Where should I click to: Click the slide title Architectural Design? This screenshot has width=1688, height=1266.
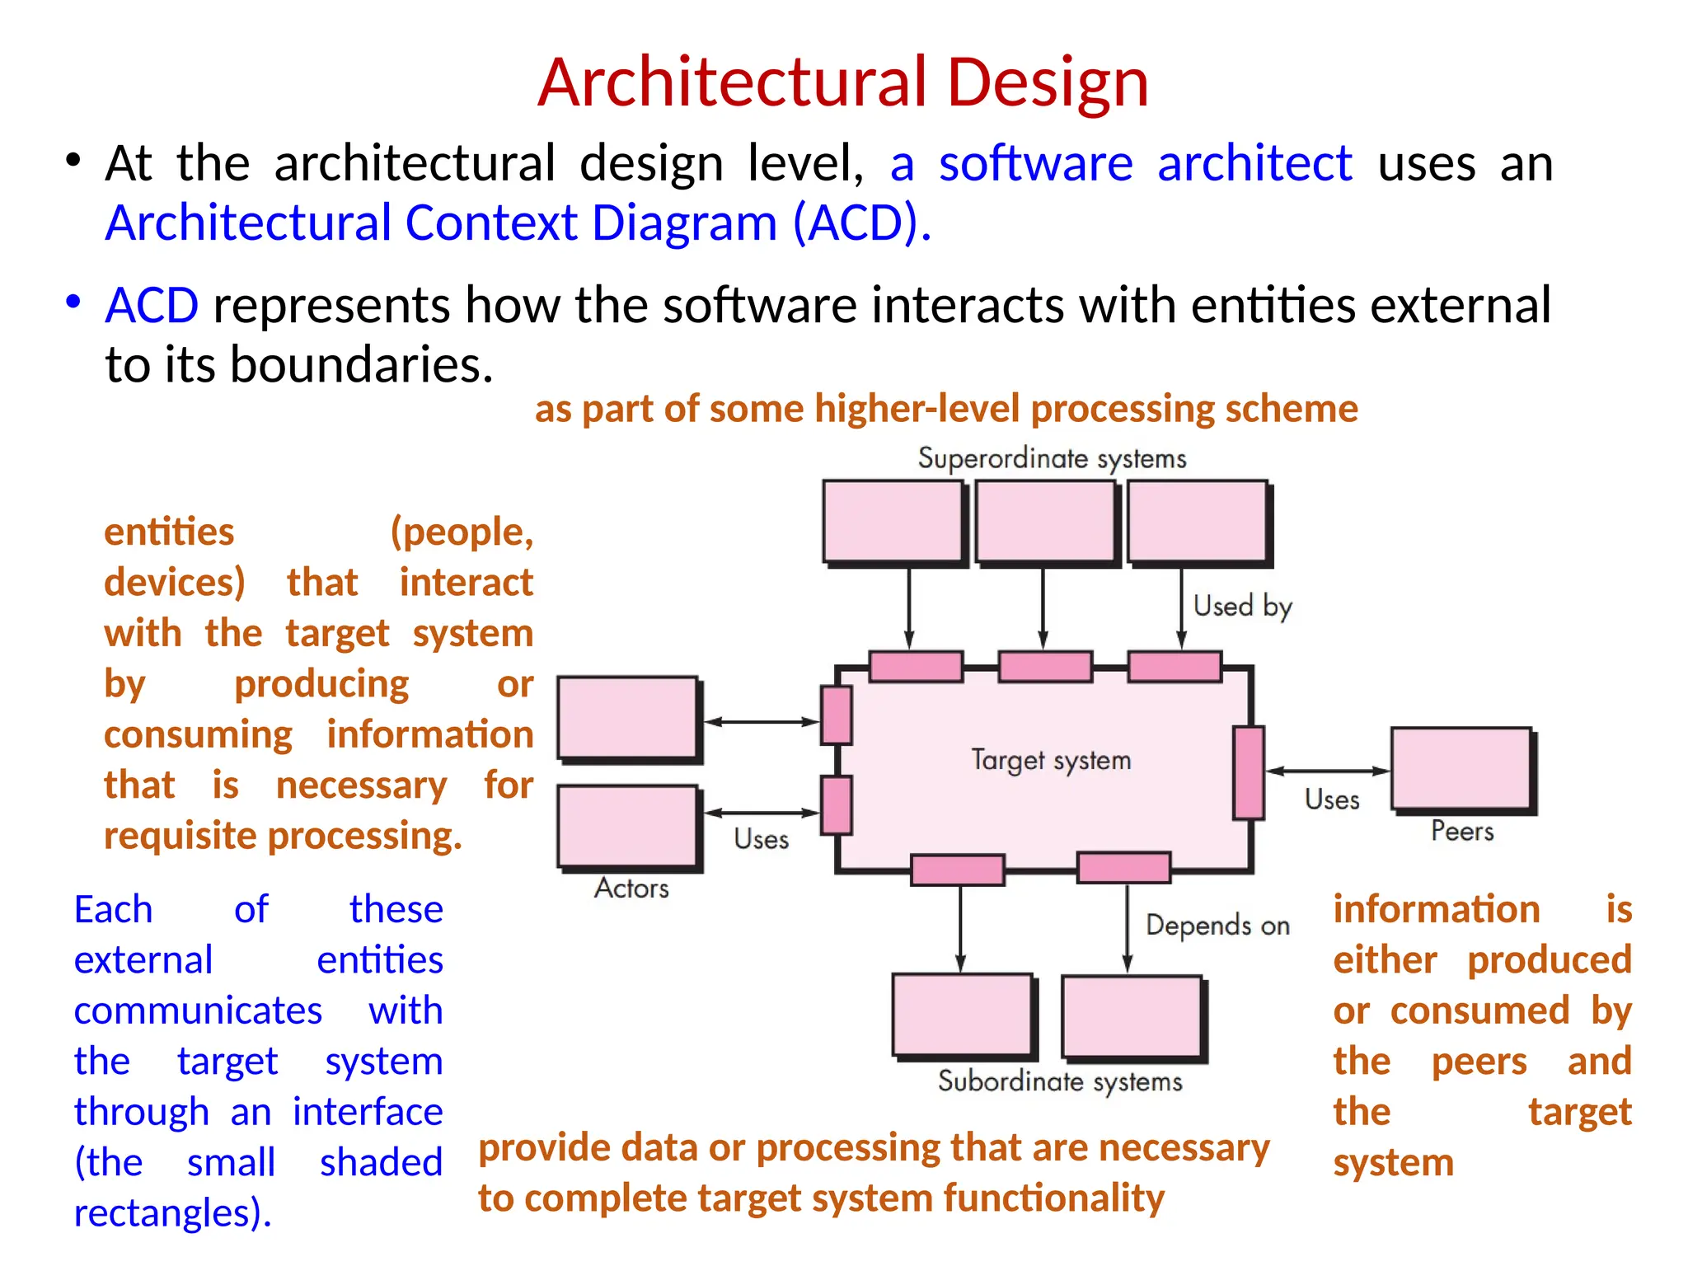[x=842, y=82]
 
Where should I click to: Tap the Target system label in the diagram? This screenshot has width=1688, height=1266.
[x=1050, y=759]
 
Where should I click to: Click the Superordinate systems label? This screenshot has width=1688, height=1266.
[x=1052, y=458]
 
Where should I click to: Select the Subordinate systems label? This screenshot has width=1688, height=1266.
[x=1060, y=1081]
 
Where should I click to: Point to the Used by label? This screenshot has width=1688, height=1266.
[x=1242, y=607]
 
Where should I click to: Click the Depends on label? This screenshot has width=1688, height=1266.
[x=1217, y=926]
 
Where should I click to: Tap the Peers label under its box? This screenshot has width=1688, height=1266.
[x=1461, y=831]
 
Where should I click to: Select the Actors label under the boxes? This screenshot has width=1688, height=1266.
[x=631, y=889]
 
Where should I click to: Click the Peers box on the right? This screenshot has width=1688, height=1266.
[x=1461, y=768]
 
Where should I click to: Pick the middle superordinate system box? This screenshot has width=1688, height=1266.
[x=1044, y=521]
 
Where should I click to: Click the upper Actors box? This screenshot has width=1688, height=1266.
[x=627, y=717]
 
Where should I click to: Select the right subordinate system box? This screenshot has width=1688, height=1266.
[x=1132, y=1015]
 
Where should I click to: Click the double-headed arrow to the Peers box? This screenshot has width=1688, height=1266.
[x=1327, y=771]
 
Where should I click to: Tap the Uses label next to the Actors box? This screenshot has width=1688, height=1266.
[x=761, y=839]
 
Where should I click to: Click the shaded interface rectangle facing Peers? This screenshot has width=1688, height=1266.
[x=1249, y=772]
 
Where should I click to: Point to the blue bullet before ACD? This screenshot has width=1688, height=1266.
[x=73, y=302]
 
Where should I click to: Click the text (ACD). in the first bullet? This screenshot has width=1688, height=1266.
[x=861, y=223]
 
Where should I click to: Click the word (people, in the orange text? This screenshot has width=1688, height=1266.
[x=462, y=532]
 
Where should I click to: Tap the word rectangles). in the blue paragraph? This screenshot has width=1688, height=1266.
[x=172, y=1213]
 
